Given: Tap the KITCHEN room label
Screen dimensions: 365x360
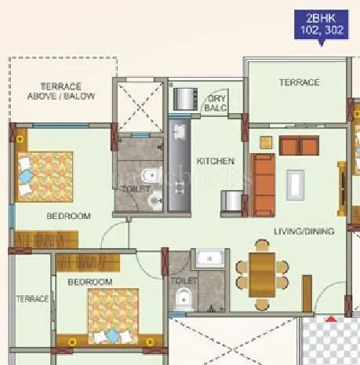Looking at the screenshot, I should pyautogui.click(x=215, y=161).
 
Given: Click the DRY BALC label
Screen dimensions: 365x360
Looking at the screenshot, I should pyautogui.click(x=216, y=104).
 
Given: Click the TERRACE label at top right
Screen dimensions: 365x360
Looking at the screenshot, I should pyautogui.click(x=299, y=82).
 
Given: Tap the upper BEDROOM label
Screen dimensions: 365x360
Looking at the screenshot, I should pyautogui.click(x=67, y=215).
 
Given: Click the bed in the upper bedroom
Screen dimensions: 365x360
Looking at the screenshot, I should pyautogui.click(x=44, y=177).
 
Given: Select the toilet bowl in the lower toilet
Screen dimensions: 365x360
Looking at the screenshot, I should pyautogui.click(x=184, y=297).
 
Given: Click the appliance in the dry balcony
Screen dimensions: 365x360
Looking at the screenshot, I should pyautogui.click(x=184, y=99).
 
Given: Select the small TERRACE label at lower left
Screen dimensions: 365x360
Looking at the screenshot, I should pyautogui.click(x=32, y=298).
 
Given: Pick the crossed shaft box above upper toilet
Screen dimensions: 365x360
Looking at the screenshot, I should pyautogui.click(x=139, y=106).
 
